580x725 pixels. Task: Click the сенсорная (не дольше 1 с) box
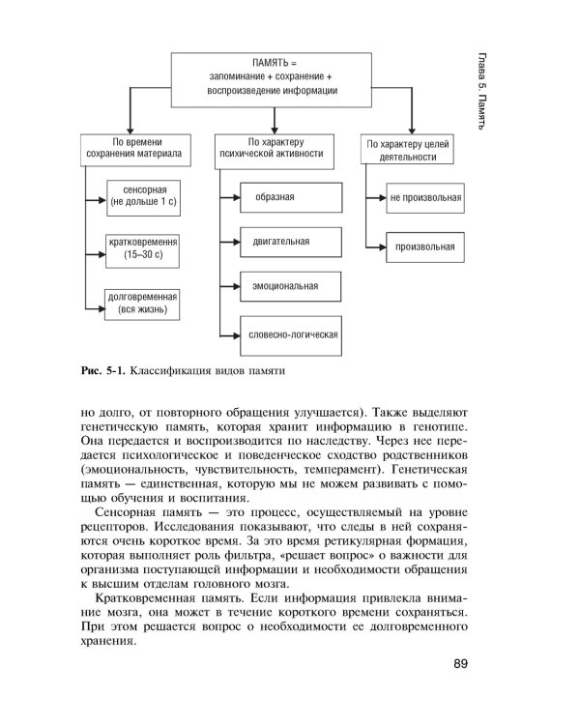(139, 195)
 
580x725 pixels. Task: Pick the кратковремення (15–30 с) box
(139, 248)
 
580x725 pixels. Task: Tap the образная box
(289, 197)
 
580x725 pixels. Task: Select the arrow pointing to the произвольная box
(376, 246)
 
